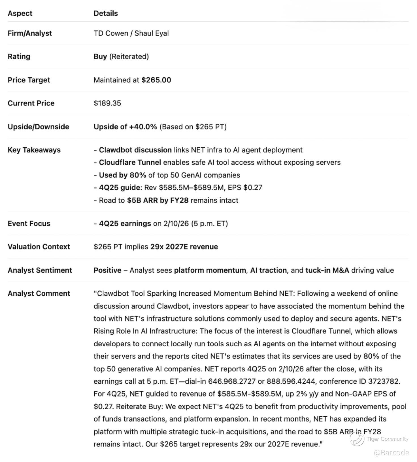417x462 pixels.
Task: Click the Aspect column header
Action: coord(20,13)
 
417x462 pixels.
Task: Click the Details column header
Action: coord(106,13)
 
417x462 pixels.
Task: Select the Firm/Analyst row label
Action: coord(30,33)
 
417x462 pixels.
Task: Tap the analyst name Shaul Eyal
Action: coord(152,33)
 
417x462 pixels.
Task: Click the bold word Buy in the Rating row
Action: coord(100,56)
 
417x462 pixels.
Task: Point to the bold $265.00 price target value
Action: coord(156,80)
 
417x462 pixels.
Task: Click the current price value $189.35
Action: coord(107,103)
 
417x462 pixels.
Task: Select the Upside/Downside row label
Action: coord(38,127)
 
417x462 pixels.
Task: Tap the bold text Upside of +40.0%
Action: coord(125,127)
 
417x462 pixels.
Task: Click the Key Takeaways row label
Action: coord(34,150)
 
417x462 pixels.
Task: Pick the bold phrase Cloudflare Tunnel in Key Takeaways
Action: coord(130,162)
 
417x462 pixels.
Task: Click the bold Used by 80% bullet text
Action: coord(122,175)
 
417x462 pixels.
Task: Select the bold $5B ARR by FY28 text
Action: coord(158,200)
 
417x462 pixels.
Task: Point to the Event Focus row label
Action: coord(29,223)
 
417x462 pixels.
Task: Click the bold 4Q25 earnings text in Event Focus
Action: coord(125,223)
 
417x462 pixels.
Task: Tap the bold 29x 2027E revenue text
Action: coord(184,247)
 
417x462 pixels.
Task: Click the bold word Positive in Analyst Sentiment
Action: coord(107,270)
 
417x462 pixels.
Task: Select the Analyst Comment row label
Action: coord(39,293)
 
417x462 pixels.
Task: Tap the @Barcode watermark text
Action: coord(391,453)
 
